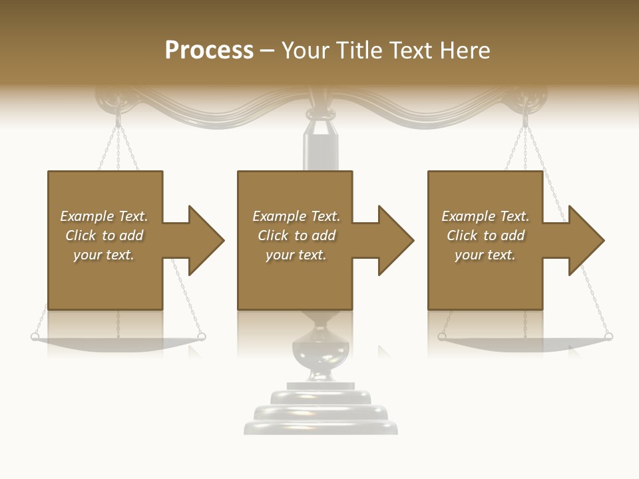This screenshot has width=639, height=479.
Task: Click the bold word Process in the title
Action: point(209,51)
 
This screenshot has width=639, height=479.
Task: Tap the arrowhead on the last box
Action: point(585,240)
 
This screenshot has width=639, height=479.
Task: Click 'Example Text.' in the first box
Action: point(104,216)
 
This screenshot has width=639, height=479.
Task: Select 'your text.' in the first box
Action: point(104,255)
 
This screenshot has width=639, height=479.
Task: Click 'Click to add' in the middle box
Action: point(296,236)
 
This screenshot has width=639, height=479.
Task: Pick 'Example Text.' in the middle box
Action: point(296,216)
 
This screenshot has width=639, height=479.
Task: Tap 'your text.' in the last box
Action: point(485,255)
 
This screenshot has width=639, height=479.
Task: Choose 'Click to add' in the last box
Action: point(485,236)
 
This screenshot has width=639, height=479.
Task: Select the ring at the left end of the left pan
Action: point(35,337)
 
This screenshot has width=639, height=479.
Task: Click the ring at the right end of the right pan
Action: point(608,337)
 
